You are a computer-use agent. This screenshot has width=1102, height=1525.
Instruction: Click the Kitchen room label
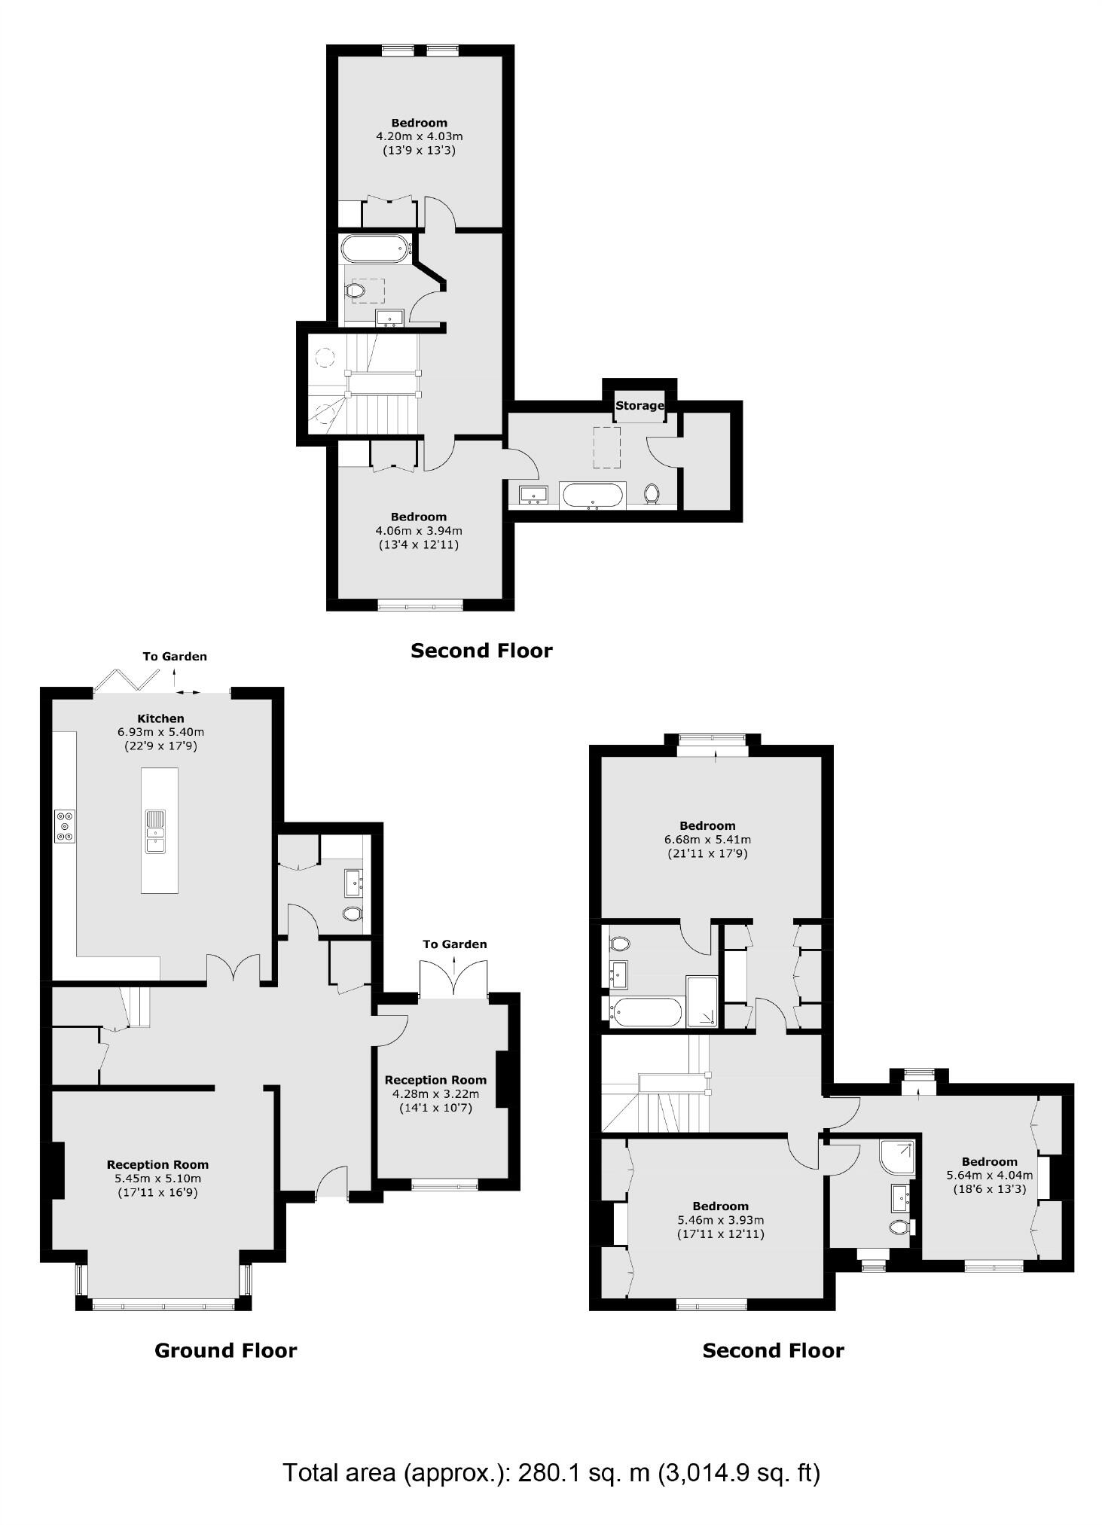(160, 718)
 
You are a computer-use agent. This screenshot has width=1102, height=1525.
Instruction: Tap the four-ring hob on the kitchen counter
(65, 825)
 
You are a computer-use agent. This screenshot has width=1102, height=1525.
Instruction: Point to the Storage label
(640, 405)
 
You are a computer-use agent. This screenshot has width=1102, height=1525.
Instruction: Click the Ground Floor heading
(225, 1350)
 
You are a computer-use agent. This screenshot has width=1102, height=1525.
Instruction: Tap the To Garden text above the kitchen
(175, 656)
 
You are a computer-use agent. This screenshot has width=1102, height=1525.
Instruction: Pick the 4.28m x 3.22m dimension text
(435, 1093)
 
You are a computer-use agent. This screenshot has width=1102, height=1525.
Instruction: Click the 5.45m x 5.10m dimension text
(157, 1179)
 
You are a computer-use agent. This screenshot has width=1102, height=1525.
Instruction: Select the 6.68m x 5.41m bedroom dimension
(707, 839)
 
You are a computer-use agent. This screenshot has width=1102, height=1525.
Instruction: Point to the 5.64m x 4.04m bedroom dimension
(989, 1174)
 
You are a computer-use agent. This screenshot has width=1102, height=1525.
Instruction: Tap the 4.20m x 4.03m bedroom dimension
(419, 136)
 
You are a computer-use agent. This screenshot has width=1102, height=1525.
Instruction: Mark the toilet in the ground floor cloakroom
(352, 913)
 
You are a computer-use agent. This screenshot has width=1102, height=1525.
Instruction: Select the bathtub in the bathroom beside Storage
(594, 495)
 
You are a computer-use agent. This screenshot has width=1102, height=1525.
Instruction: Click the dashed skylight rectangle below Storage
(607, 450)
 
